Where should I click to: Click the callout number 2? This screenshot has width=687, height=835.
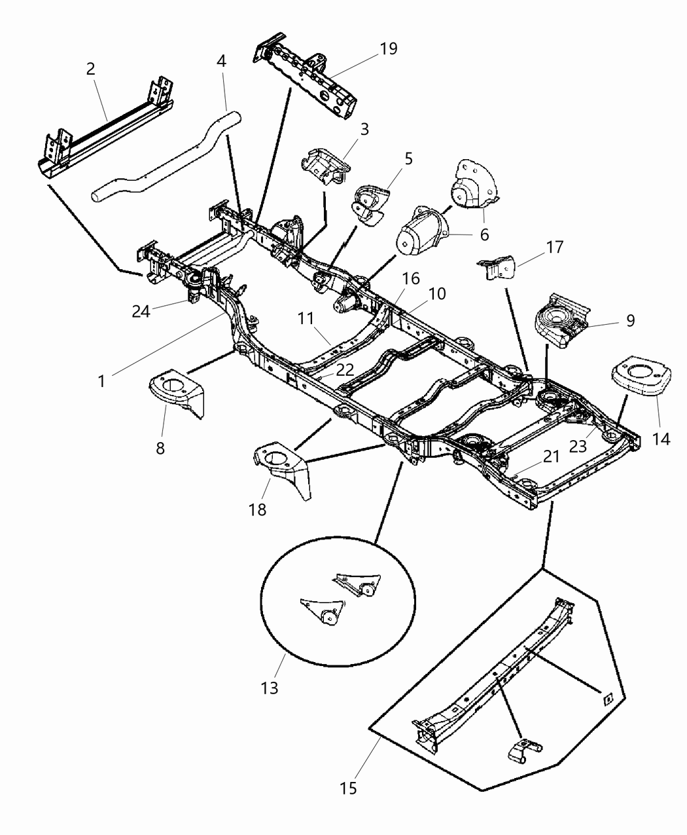[90, 69]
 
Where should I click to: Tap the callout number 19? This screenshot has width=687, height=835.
[388, 49]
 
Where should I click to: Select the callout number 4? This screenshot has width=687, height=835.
[221, 62]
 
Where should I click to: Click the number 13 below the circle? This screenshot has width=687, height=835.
[269, 688]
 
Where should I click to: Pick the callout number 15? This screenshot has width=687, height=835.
[349, 788]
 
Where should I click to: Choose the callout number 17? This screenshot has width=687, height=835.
[555, 248]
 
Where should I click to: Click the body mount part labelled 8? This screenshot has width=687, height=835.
[175, 394]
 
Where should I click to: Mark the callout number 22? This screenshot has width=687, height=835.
[345, 370]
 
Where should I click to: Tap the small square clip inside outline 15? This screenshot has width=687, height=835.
[607, 699]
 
